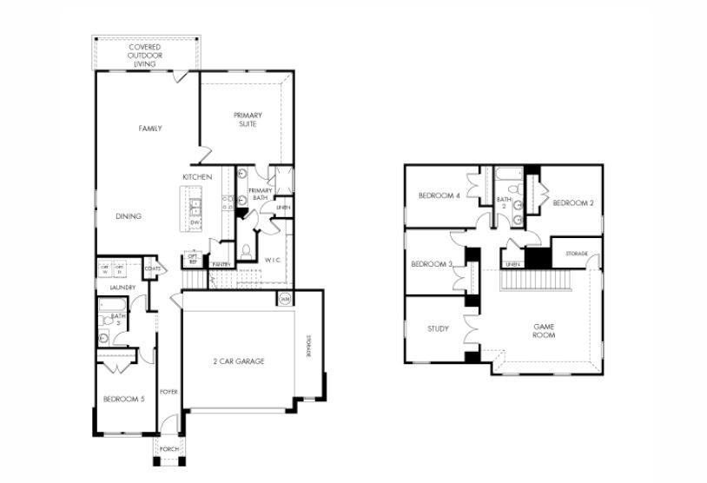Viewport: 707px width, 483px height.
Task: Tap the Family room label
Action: (x=150, y=129)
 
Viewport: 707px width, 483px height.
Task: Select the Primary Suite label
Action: (x=248, y=120)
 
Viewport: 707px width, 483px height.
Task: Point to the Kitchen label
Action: (x=197, y=177)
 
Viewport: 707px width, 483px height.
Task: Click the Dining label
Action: (x=129, y=216)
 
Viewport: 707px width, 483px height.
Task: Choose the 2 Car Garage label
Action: (x=239, y=361)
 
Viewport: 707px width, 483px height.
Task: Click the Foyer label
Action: (x=168, y=392)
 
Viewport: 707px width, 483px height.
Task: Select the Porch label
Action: (x=168, y=449)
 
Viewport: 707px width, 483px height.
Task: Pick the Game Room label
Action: (x=544, y=330)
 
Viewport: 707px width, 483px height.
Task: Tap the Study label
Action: (x=438, y=329)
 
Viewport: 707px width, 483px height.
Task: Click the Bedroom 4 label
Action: (x=439, y=195)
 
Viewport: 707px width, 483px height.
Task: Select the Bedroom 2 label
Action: (x=572, y=202)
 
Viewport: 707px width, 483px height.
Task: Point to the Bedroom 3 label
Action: (x=431, y=264)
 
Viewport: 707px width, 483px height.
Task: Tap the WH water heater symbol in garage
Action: (x=284, y=300)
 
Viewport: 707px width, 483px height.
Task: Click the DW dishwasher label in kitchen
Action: (x=195, y=222)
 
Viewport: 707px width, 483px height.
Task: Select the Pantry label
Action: (x=220, y=264)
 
